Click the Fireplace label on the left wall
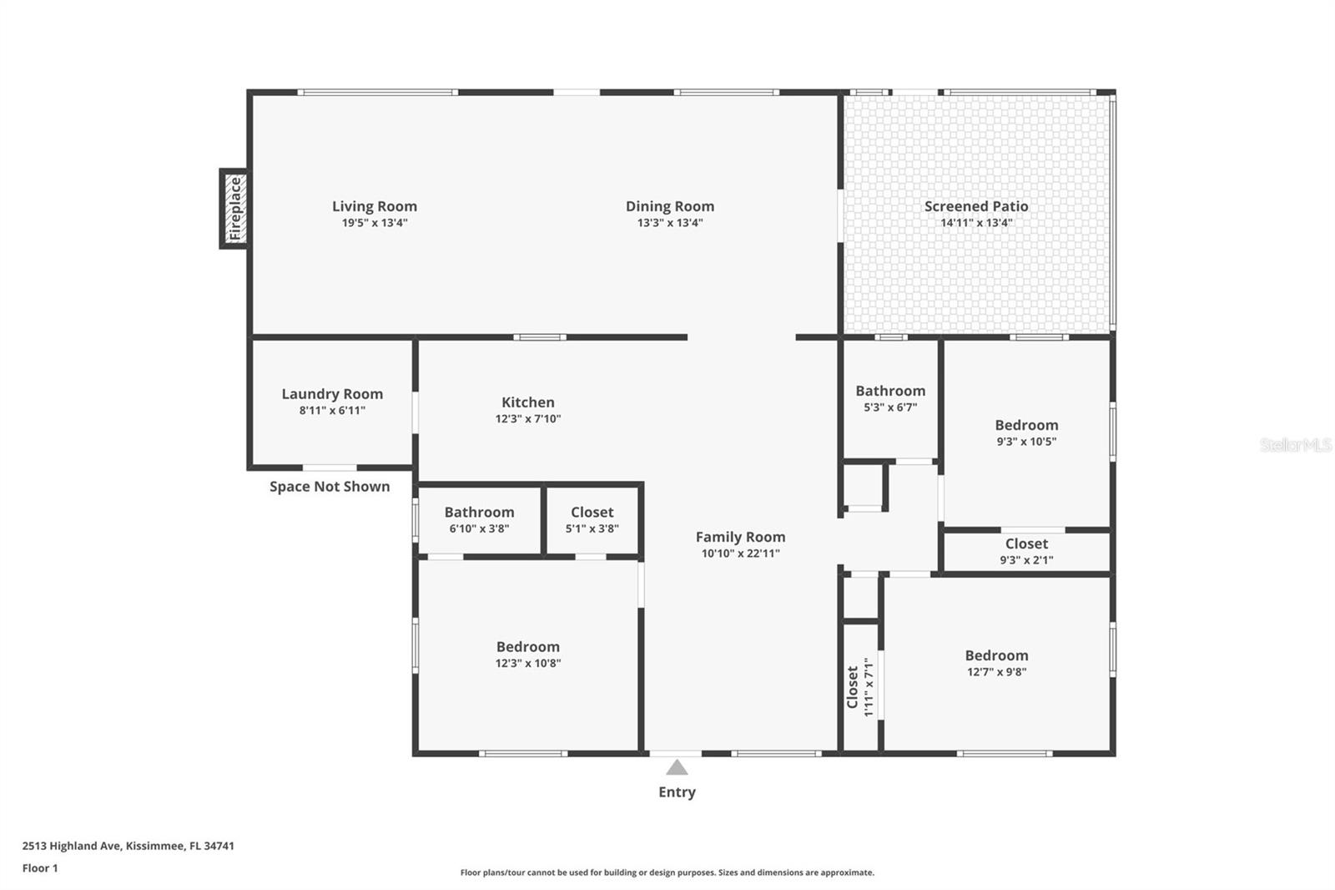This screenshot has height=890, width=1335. [235, 209]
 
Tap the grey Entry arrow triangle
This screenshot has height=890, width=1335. [677, 767]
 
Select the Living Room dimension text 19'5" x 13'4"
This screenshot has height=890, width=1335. [375, 223]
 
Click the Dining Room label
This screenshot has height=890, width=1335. [670, 206]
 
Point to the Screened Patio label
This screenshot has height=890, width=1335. [976, 206]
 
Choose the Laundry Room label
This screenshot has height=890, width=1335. [332, 394]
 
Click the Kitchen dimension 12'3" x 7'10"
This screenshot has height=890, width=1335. [527, 419]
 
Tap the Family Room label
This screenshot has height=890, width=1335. [740, 537]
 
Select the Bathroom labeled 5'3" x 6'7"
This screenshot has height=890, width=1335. [890, 391]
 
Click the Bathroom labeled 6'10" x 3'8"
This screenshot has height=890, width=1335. [479, 513]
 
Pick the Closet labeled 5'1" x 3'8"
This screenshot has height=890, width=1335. [592, 513]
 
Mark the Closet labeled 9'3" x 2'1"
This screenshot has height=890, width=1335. [1026, 544]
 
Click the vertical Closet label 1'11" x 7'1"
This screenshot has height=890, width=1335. [860, 686]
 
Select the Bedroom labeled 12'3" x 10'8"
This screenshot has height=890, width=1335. [527, 647]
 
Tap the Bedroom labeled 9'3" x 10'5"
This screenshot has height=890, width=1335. [1026, 426]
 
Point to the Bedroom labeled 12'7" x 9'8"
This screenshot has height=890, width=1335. [996, 656]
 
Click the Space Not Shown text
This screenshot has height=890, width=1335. [330, 487]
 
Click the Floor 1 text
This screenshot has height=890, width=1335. [40, 868]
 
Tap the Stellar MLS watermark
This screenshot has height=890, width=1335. [1295, 446]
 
